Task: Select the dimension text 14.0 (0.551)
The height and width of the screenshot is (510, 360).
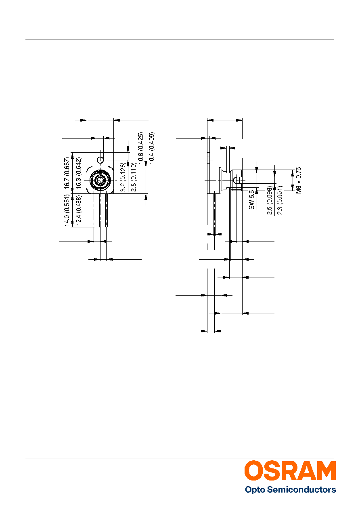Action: pyautogui.click(x=67, y=210)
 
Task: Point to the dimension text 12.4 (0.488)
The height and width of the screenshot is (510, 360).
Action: pyautogui.click(x=78, y=210)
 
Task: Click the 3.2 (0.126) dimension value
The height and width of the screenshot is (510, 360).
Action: pyautogui.click(x=123, y=177)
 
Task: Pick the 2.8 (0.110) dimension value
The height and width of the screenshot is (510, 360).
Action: pyautogui.click(x=134, y=177)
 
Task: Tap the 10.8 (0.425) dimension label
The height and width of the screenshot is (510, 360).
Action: pyautogui.click(x=141, y=148)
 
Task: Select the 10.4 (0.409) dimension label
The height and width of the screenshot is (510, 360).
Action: pyautogui.click(x=152, y=148)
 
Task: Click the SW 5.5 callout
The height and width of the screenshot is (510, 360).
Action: pyautogui.click(x=251, y=200)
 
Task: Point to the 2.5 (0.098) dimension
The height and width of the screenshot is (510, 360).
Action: pyautogui.click(x=270, y=200)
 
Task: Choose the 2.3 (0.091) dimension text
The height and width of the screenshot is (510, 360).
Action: pyautogui.click(x=280, y=200)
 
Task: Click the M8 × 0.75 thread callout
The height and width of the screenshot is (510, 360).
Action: pyautogui.click(x=298, y=180)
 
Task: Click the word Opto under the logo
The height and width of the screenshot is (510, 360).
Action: pyautogui.click(x=255, y=490)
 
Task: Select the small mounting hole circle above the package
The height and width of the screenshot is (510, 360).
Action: pyautogui.click(x=100, y=160)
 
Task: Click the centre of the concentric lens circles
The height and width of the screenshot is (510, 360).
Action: pyautogui.click(x=100, y=180)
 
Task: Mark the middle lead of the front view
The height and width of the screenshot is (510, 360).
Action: pyautogui.click(x=100, y=210)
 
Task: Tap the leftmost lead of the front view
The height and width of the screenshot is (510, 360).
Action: pyautogui.click(x=94, y=210)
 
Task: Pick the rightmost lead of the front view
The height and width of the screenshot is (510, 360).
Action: pyautogui.click(x=106, y=210)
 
